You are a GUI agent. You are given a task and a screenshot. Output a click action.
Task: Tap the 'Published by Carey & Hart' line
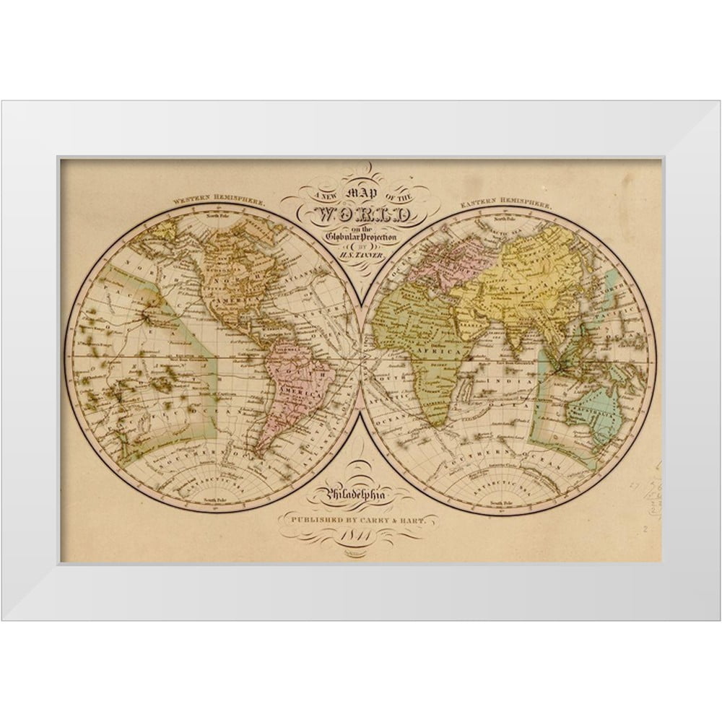360,518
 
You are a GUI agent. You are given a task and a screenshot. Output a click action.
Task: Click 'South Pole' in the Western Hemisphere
216,500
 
